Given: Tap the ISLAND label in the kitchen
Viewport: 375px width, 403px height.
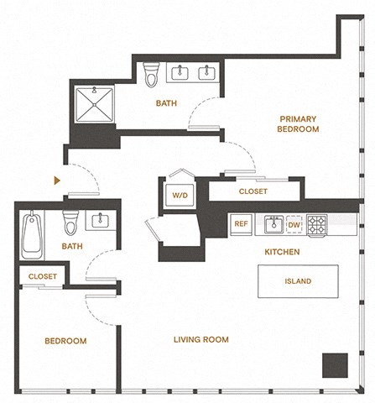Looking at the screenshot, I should (x=298, y=281).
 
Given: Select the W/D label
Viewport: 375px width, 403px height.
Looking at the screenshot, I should (x=180, y=196).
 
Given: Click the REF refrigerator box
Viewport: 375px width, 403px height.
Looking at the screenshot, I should (x=241, y=224).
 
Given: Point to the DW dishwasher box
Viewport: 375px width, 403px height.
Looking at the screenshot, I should (x=294, y=225).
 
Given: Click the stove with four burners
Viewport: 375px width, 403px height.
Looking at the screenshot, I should (x=317, y=224).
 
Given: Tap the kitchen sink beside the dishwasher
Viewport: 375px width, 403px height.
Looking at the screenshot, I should (x=273, y=224).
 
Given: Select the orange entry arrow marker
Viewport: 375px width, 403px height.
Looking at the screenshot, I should (x=56, y=180).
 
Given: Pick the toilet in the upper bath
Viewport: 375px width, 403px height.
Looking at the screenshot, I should (x=151, y=76).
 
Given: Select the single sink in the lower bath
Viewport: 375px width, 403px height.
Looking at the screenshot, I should (x=100, y=221).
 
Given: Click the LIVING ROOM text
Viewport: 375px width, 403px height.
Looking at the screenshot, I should (x=201, y=340).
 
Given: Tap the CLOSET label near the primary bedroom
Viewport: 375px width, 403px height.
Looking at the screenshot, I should (x=253, y=191).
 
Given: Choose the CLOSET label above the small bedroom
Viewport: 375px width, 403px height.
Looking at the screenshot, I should (x=42, y=276).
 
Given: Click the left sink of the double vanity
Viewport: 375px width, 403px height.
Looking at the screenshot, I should (x=180, y=73).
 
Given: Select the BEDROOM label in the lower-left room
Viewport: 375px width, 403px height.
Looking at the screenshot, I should (x=65, y=341).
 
